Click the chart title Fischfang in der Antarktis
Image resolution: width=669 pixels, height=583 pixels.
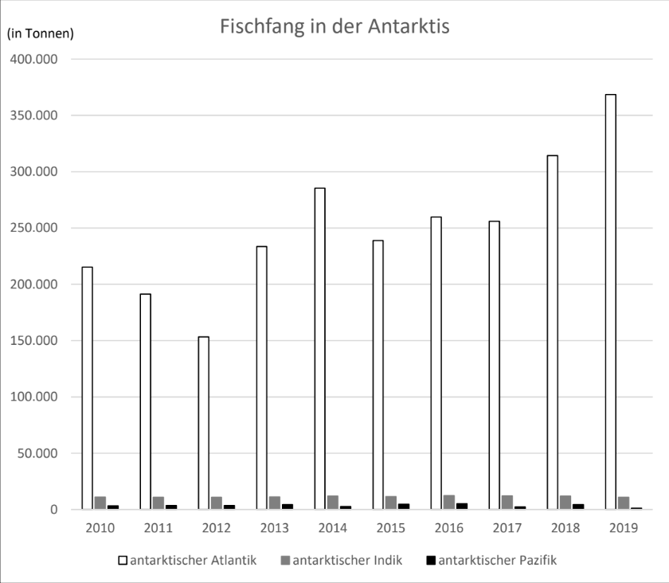click(x=334, y=27)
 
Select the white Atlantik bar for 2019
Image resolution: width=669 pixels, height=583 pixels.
click(x=610, y=303)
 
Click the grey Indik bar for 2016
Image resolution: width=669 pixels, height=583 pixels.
click(x=449, y=503)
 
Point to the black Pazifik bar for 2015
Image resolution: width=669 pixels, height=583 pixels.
click(x=404, y=506)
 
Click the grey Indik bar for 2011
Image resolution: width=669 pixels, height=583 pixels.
click(x=158, y=503)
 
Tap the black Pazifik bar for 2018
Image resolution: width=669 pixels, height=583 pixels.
click(x=578, y=507)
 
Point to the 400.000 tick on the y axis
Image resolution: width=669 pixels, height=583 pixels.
click(x=39, y=60)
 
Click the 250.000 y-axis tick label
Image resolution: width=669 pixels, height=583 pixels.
click(x=39, y=229)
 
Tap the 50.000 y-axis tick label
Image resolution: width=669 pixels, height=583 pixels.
click(x=42, y=454)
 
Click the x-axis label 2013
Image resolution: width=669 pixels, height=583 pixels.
click(x=275, y=528)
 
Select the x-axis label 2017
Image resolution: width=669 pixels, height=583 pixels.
click(x=507, y=528)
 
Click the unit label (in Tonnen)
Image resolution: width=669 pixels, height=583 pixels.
click(x=40, y=33)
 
